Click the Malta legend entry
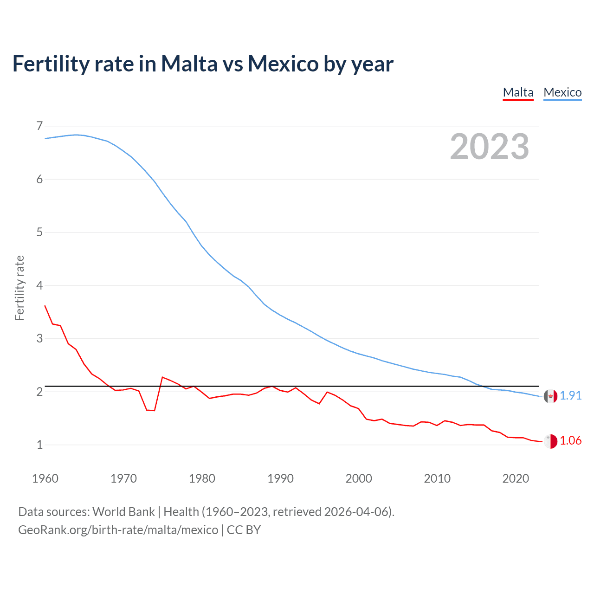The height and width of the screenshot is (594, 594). [518, 92]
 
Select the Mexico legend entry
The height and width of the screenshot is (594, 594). [562, 92]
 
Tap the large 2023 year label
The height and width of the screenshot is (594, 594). [489, 147]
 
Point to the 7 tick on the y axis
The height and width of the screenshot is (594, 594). [39, 126]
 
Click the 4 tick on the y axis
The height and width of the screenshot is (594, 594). [39, 285]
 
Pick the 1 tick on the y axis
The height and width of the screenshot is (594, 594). [39, 445]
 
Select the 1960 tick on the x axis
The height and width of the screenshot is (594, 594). [45, 478]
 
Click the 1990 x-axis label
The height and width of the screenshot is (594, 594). [280, 478]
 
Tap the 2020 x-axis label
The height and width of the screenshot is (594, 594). [516, 478]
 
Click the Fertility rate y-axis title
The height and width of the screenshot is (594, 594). [19, 288]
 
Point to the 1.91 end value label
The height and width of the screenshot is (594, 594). [570, 395]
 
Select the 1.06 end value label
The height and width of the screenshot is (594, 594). [570, 440]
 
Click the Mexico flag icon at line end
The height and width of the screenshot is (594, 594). [550, 396]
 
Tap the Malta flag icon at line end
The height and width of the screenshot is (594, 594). [550, 441]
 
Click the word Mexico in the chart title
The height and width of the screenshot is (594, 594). [283, 64]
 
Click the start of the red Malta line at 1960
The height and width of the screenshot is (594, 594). [45, 306]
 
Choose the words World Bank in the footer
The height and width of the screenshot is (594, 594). [123, 512]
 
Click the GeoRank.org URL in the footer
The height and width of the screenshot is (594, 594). [118, 530]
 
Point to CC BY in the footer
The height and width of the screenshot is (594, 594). [244, 530]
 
